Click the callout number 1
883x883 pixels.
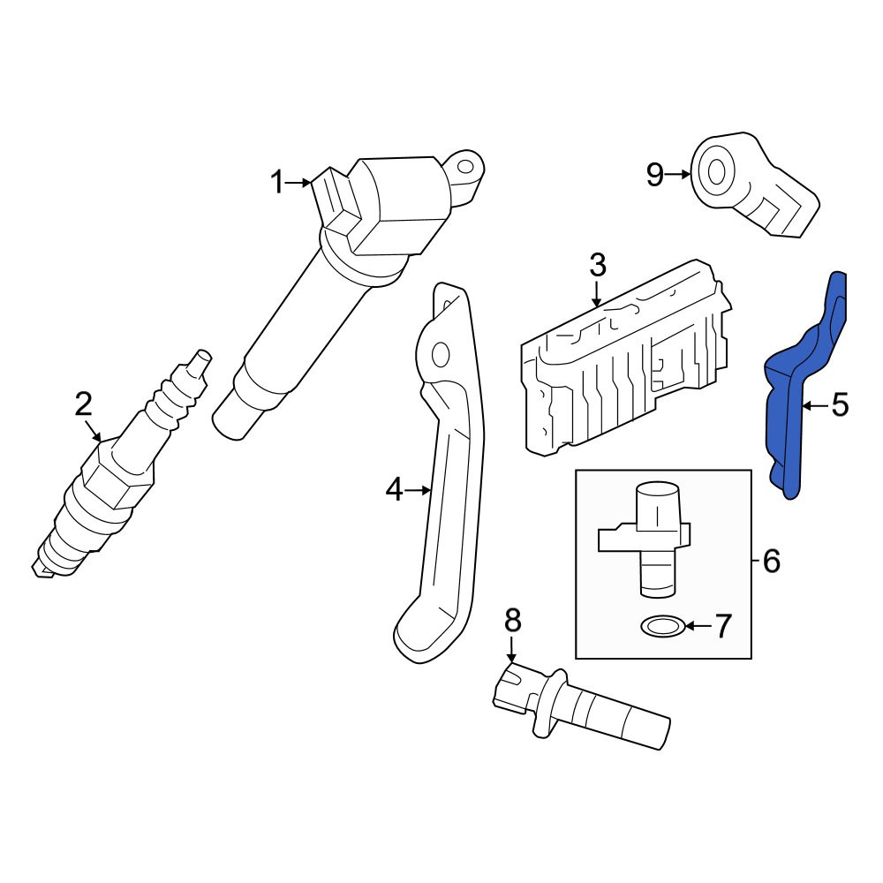coord(277,183)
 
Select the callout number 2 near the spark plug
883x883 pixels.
coord(83,404)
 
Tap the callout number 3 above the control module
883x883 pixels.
coord(598,265)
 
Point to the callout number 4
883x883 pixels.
coord(394,489)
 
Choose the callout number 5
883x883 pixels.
coord(840,405)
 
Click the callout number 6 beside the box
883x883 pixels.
coord(771,561)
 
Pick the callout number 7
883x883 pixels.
coord(723,625)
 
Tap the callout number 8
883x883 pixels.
coord(512,621)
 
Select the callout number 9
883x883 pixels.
coord(655,175)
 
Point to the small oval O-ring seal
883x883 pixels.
coord(663,626)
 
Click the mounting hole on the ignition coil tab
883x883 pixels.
coord(464,167)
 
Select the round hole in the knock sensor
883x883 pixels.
coord(716,172)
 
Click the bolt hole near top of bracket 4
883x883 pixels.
coord(440,355)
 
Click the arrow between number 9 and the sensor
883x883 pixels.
coord(677,175)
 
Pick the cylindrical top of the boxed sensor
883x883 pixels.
coord(658,505)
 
